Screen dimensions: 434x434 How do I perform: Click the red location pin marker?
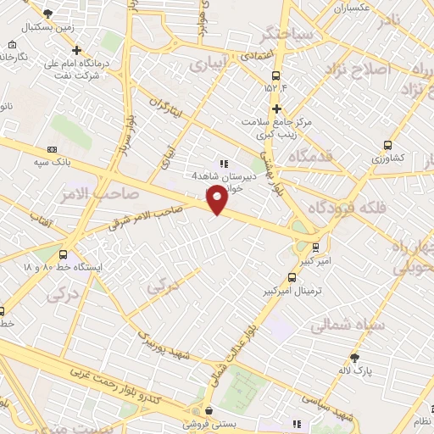tap(217, 200)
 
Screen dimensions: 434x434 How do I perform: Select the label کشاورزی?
tap(387, 159)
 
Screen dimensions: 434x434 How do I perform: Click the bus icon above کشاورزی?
tap(387, 145)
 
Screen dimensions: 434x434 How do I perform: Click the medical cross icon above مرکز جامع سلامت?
tap(275, 108)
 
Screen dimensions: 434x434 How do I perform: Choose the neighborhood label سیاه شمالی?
tap(348, 324)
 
